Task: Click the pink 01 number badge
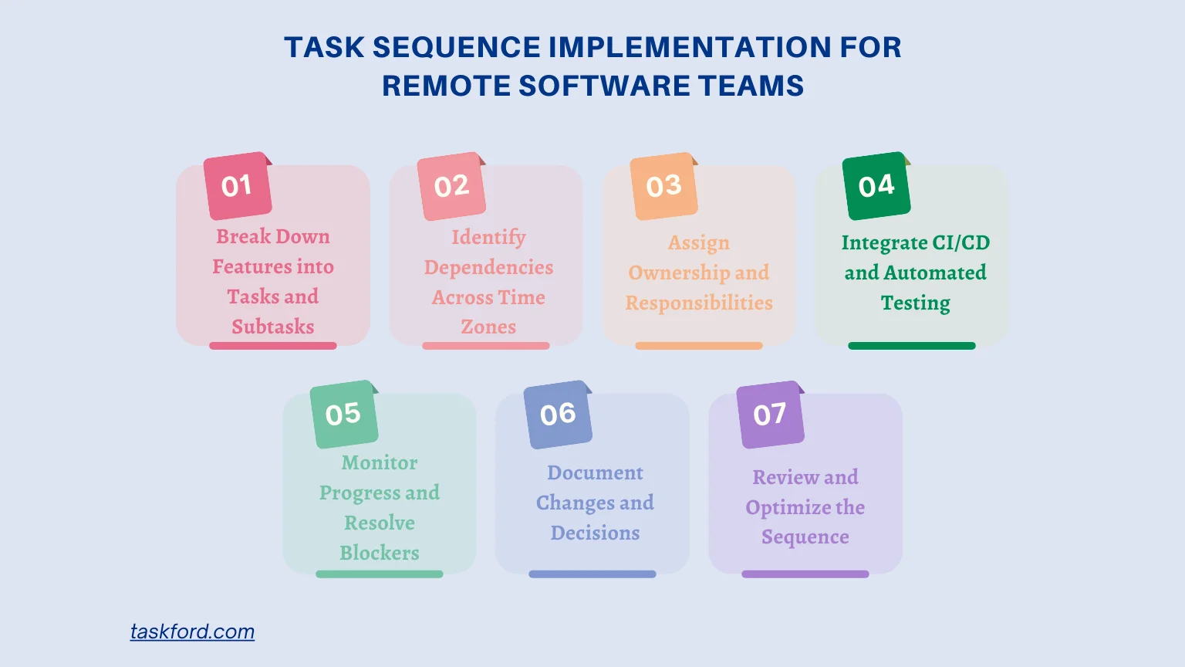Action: pyautogui.click(x=238, y=186)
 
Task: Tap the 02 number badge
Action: pyautogui.click(x=451, y=186)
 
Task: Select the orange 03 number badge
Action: pyautogui.click(x=664, y=186)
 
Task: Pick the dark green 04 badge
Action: pyautogui.click(x=876, y=186)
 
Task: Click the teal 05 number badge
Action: pyautogui.click(x=344, y=415)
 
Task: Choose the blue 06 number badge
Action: pyautogui.click(x=558, y=415)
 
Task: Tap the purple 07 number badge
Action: pyautogui.click(x=770, y=415)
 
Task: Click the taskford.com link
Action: pyautogui.click(x=192, y=631)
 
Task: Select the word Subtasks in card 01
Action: pyautogui.click(x=273, y=327)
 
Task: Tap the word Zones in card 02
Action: pyautogui.click(x=488, y=327)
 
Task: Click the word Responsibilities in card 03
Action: pyautogui.click(x=699, y=303)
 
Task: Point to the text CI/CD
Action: pyautogui.click(x=960, y=242)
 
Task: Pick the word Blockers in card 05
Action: pyautogui.click(x=380, y=553)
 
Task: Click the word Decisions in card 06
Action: pyautogui.click(x=595, y=533)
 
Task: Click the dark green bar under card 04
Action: pyautogui.click(x=912, y=346)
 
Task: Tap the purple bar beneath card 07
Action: pyautogui.click(x=805, y=574)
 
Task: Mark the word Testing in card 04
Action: pyautogui.click(x=916, y=303)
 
